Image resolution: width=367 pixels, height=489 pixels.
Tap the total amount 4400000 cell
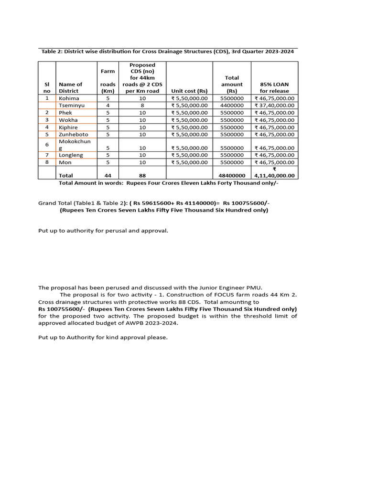click(x=232, y=105)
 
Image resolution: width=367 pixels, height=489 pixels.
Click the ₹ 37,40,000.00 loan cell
click(x=274, y=105)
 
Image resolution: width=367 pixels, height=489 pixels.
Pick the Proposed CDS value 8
click(x=142, y=105)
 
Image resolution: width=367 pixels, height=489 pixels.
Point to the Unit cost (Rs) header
click(x=189, y=91)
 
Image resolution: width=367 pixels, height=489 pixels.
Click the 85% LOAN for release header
click(x=274, y=87)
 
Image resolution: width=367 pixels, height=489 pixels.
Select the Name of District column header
click(x=70, y=87)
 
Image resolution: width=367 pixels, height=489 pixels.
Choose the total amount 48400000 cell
click(x=232, y=175)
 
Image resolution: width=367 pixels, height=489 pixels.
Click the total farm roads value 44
click(x=108, y=175)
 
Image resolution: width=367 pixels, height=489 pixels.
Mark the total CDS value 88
click(x=142, y=175)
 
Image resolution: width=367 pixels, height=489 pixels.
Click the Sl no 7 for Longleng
click(x=47, y=155)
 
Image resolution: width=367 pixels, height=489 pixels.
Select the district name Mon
click(x=65, y=162)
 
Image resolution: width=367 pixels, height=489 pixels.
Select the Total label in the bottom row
click(x=66, y=175)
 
